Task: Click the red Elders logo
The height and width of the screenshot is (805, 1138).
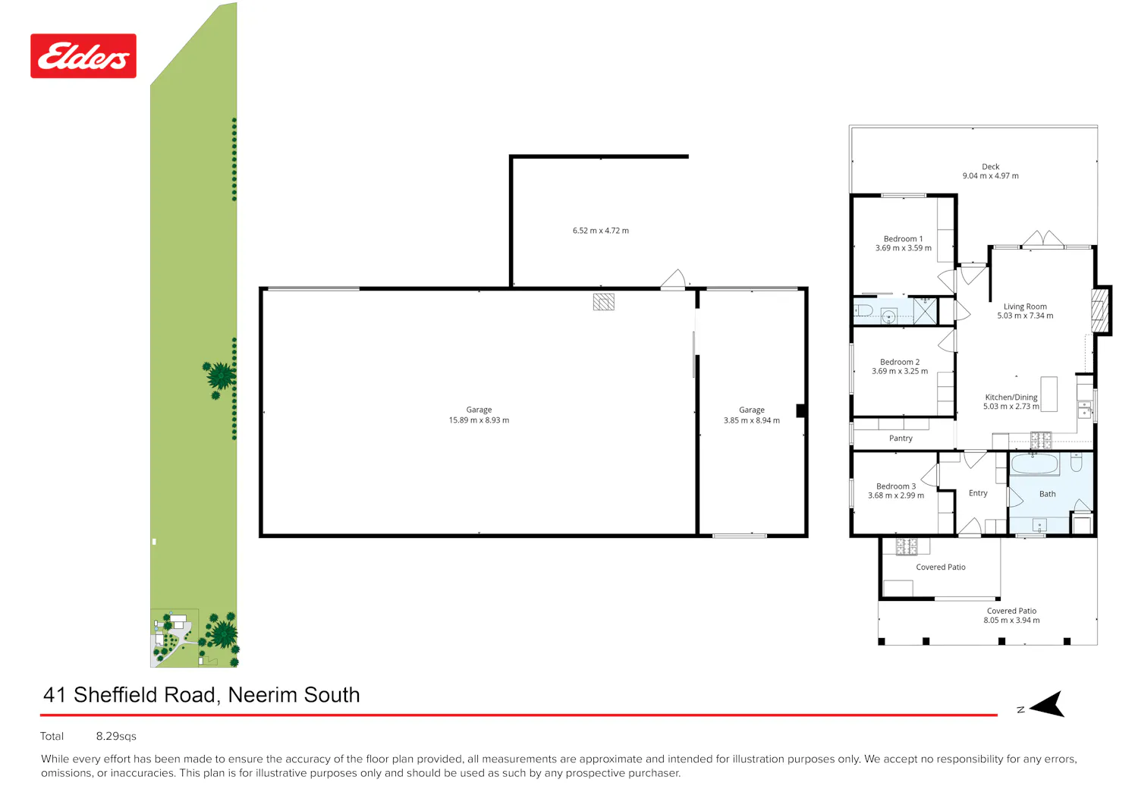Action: (x=83, y=56)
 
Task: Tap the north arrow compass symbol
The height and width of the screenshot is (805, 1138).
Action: (x=1048, y=704)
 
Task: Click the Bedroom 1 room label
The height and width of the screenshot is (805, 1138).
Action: (x=903, y=239)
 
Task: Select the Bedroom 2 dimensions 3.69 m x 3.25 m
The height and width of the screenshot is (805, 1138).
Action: (x=900, y=372)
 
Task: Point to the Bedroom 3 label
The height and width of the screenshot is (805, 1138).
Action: (x=896, y=486)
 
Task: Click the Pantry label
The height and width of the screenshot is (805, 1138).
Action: (x=901, y=438)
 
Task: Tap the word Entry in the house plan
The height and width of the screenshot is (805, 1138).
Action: (x=978, y=493)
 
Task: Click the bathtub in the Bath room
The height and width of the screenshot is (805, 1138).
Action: (x=1035, y=464)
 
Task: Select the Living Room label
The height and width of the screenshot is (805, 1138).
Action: (x=1025, y=307)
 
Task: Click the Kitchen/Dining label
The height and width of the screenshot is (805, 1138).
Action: (x=1011, y=398)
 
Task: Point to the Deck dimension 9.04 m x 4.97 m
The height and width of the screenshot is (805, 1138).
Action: (x=990, y=176)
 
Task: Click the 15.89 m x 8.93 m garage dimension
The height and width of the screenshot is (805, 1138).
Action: (x=479, y=420)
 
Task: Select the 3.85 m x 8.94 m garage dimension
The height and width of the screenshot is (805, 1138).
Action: (x=751, y=420)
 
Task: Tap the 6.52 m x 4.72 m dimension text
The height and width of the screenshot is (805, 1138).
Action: (x=601, y=231)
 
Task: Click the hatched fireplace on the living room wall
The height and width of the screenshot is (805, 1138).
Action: (x=1099, y=310)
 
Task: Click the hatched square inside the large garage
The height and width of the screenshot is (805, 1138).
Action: (x=604, y=302)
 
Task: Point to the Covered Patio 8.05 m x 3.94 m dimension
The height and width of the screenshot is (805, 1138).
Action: (x=1011, y=621)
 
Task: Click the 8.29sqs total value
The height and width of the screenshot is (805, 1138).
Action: (x=116, y=737)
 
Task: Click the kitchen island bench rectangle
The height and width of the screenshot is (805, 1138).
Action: (x=1048, y=394)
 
